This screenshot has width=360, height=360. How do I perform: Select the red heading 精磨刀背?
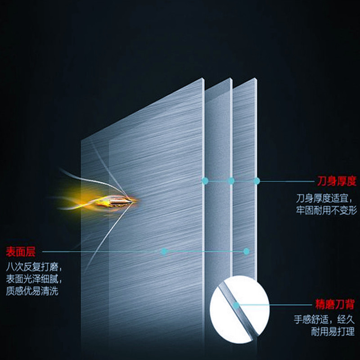(x=334, y=305)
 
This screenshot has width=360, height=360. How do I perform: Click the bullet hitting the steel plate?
(x=121, y=200)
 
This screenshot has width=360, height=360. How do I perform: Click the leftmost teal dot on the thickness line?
(x=205, y=181)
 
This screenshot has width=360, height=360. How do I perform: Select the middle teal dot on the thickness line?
(x=231, y=181)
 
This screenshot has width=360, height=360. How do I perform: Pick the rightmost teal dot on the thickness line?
(x=256, y=181)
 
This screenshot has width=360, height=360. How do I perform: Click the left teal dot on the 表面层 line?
(x=164, y=251)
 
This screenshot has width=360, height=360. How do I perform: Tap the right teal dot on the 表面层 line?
(x=246, y=251)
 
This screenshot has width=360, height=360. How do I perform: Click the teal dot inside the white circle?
(x=235, y=305)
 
